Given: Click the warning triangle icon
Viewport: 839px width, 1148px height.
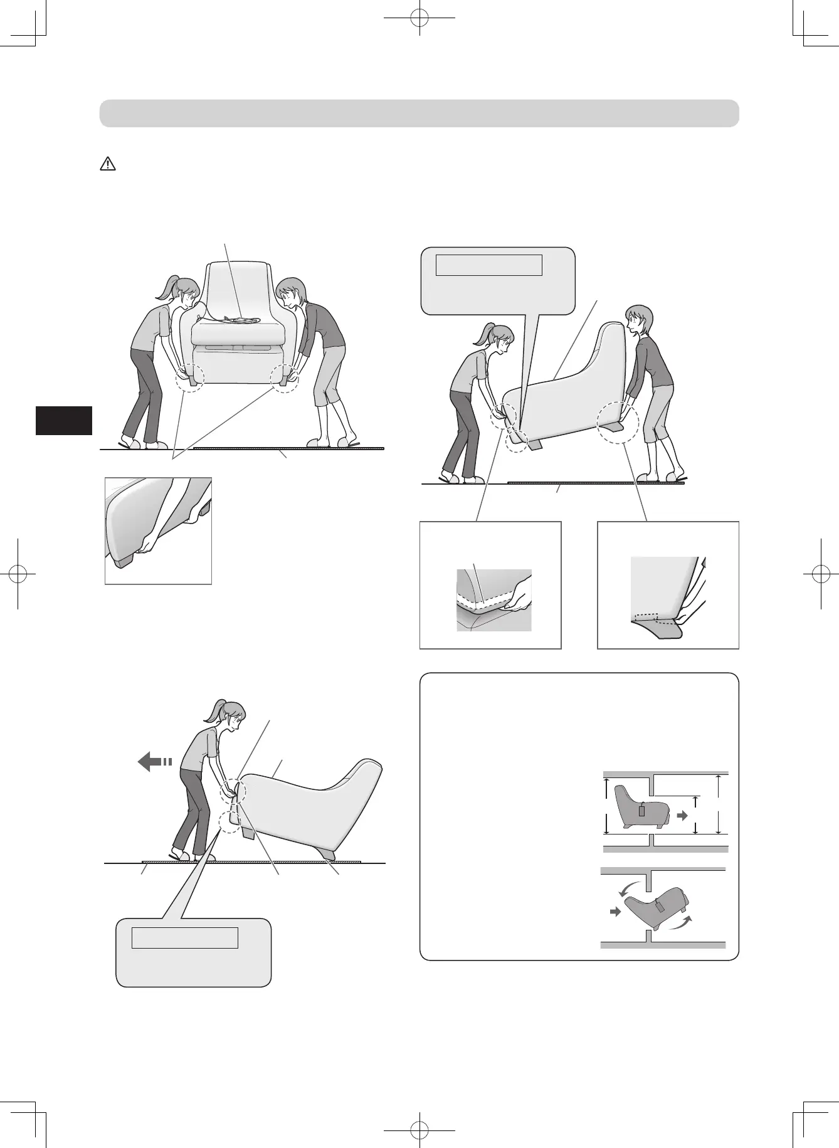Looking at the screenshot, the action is point(108,164).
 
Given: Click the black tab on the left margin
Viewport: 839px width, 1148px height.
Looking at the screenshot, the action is point(63,420).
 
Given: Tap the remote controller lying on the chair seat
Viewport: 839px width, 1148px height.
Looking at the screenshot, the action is point(241,321).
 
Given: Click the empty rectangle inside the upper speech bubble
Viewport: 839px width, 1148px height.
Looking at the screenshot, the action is point(488,265).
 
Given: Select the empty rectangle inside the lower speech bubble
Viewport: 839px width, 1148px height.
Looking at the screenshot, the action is point(184,938).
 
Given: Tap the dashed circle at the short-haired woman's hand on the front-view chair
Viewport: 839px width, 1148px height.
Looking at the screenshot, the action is point(284,378).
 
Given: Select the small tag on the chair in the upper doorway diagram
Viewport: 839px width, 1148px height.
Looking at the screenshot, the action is point(641,810).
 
